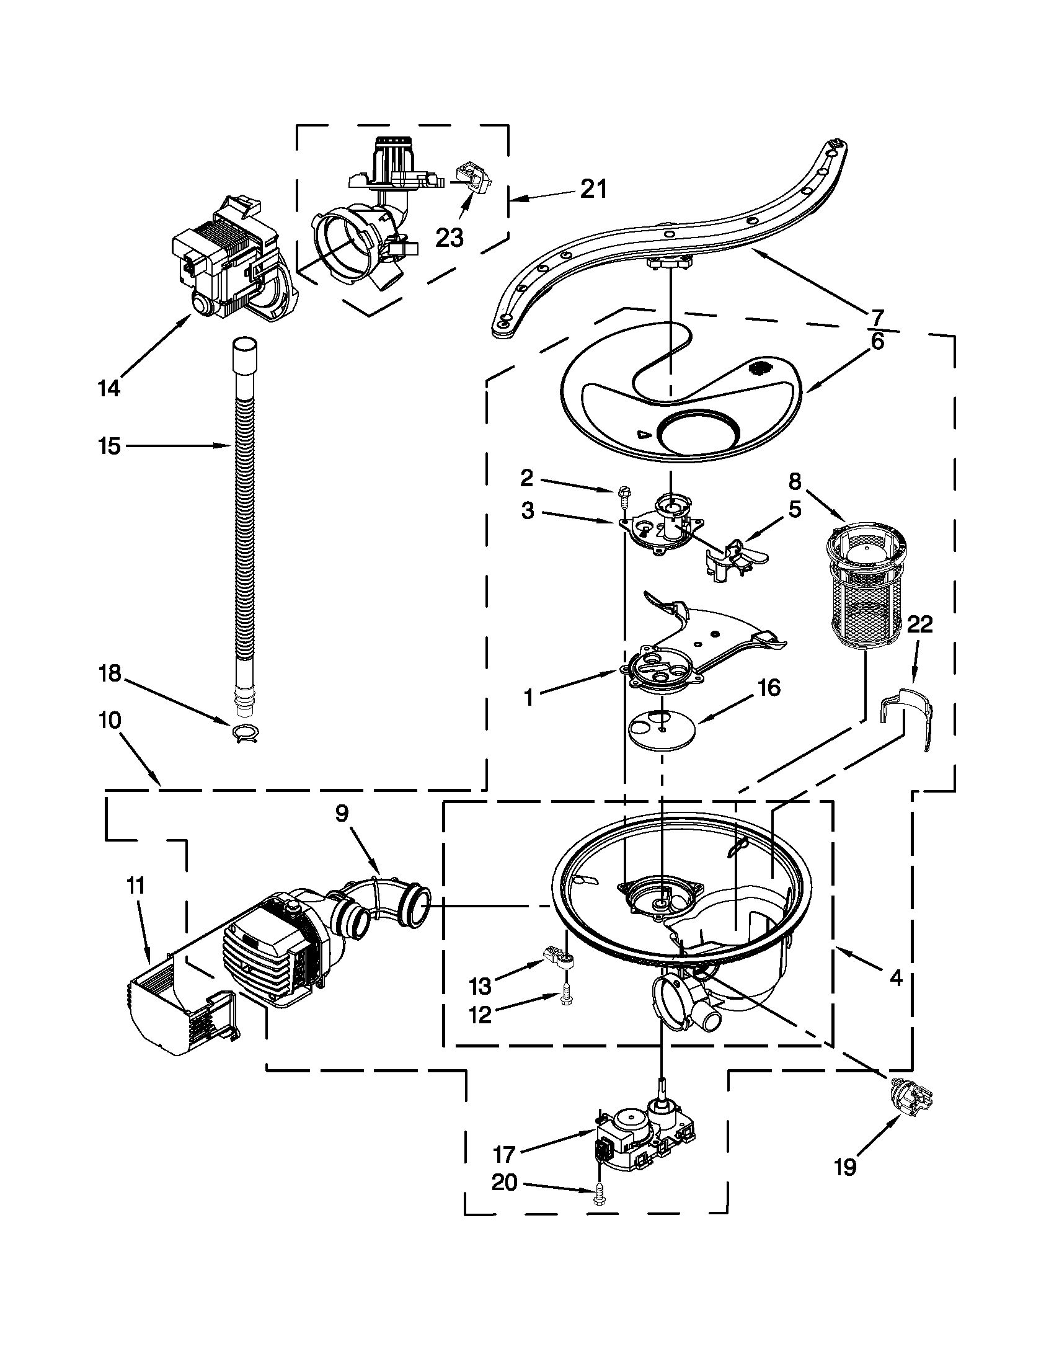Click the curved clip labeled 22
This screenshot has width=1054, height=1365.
tap(906, 718)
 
